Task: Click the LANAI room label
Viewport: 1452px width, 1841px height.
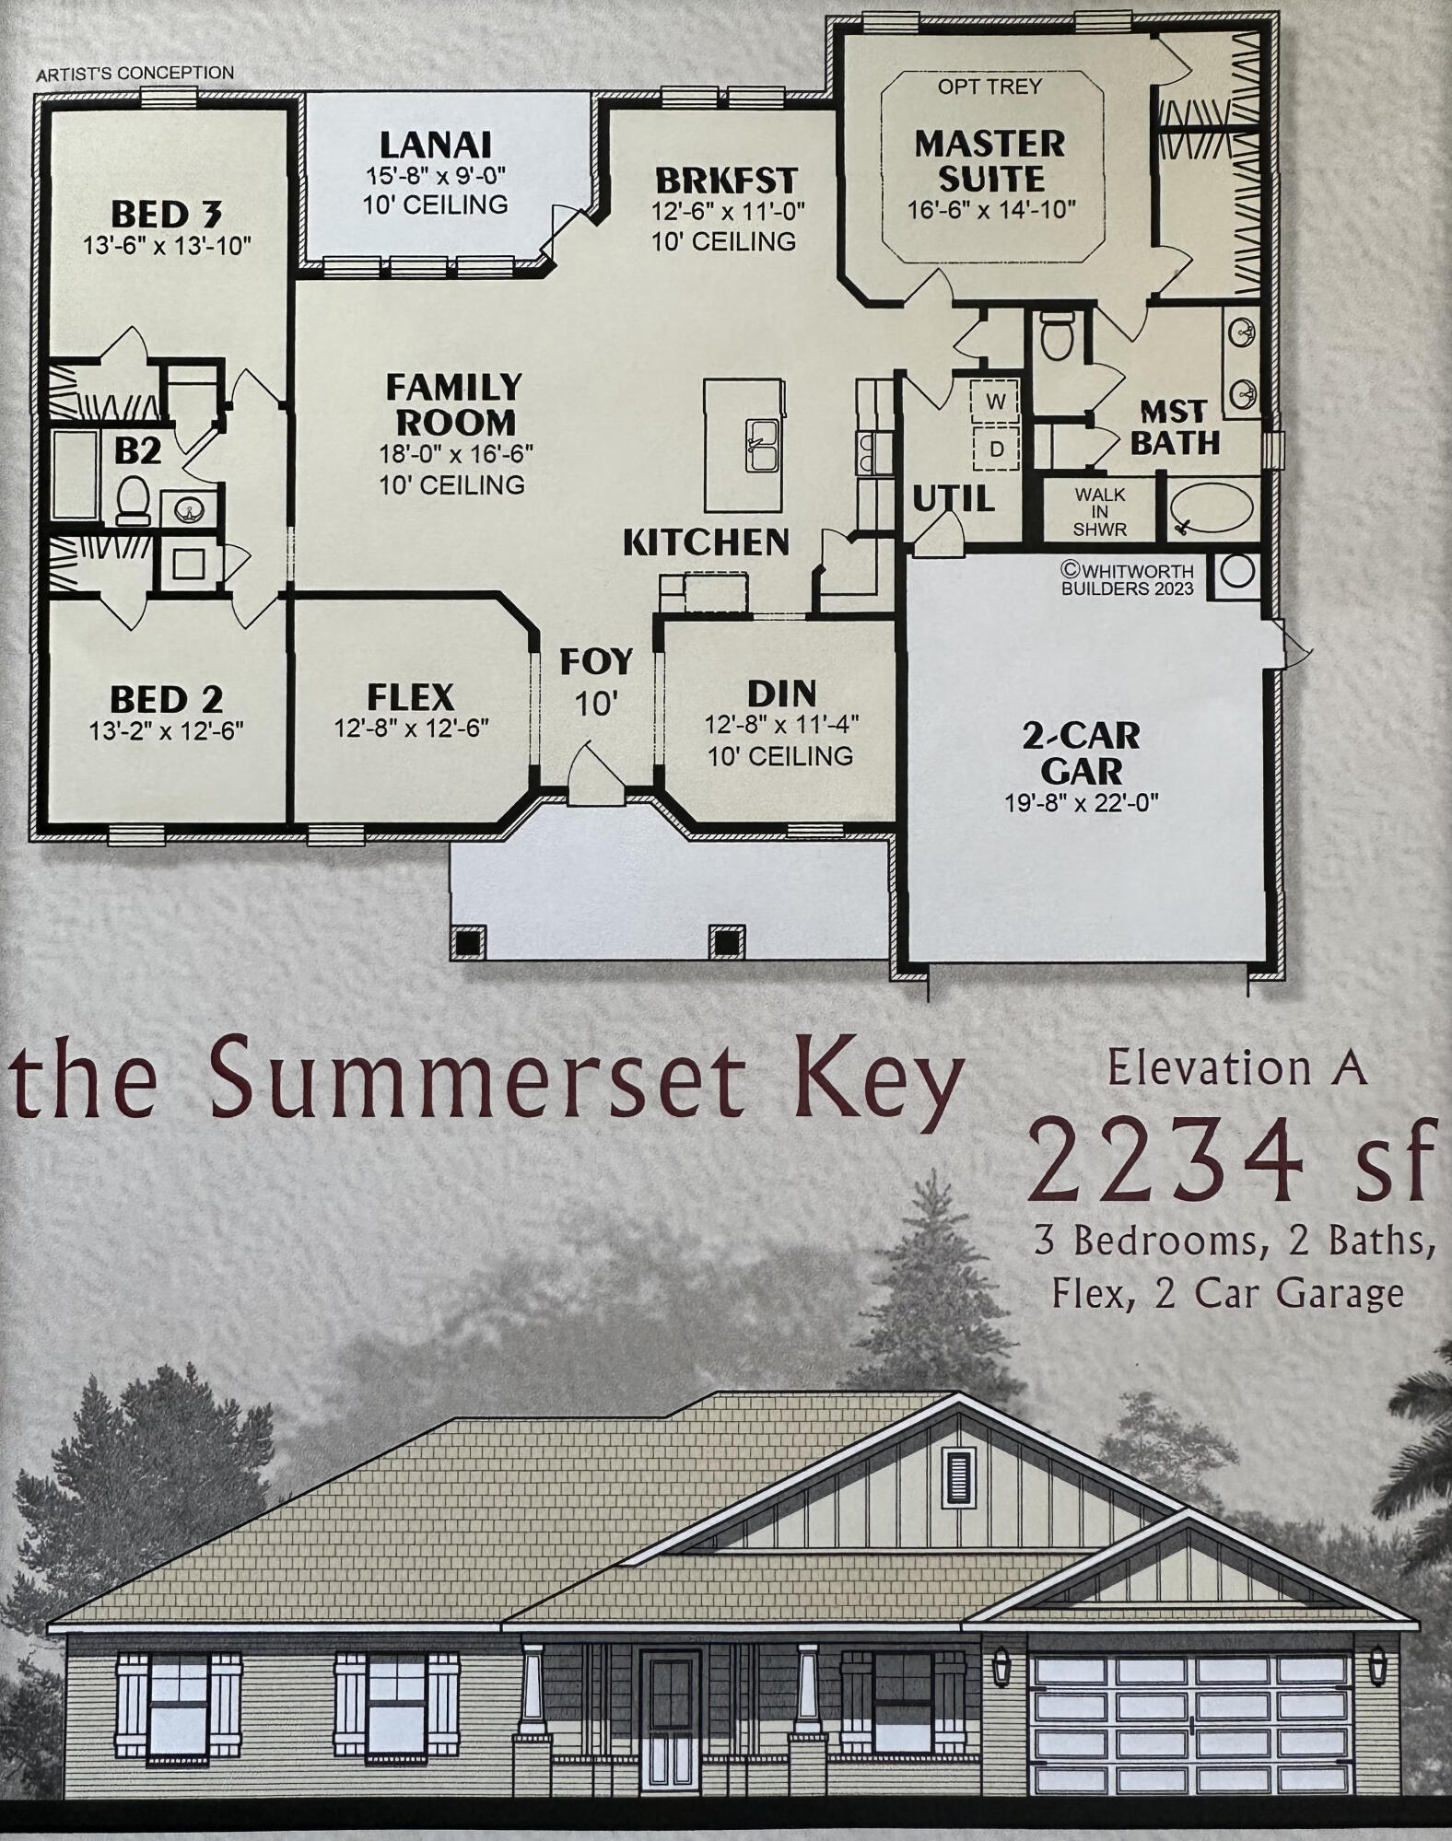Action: (436, 145)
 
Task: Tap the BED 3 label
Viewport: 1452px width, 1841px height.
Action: (167, 214)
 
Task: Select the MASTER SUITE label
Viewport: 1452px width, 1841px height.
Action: (990, 160)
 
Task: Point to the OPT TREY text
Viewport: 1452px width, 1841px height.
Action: (989, 86)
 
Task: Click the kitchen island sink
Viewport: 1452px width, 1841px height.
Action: (762, 444)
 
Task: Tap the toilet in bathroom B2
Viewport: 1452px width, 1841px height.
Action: (134, 498)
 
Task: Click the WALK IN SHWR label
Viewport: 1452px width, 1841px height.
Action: (1099, 511)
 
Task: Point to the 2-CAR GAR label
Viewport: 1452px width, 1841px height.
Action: (1082, 752)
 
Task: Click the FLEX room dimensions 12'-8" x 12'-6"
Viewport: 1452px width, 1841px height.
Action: (411, 728)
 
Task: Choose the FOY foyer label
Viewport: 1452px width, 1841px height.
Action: (596, 661)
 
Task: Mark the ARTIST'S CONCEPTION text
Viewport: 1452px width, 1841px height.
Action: (135, 74)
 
